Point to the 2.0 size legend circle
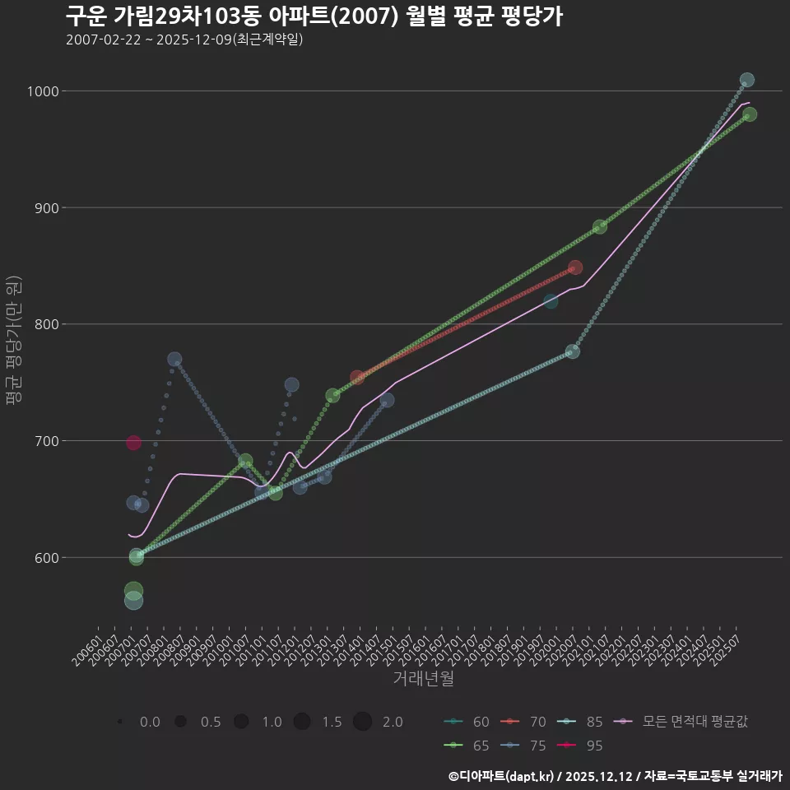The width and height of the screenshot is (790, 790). (x=363, y=722)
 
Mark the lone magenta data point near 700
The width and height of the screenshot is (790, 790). (x=133, y=443)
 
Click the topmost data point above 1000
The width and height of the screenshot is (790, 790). (x=746, y=81)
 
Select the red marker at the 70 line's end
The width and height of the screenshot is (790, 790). (x=575, y=267)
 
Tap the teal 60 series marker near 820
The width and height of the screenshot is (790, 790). (x=551, y=302)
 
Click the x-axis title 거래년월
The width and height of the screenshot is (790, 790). (x=423, y=679)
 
